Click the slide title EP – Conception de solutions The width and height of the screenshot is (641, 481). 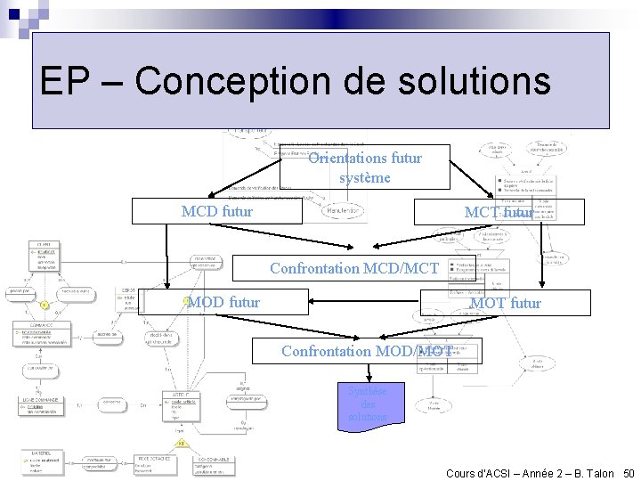(x=295, y=82)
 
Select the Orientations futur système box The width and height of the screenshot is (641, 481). (x=364, y=167)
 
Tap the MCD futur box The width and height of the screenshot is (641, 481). (x=217, y=212)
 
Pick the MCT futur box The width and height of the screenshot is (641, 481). (x=499, y=212)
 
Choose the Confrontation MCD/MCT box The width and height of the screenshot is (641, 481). (x=354, y=268)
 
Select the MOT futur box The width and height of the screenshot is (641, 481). (x=505, y=303)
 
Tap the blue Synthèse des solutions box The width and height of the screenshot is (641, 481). (x=368, y=404)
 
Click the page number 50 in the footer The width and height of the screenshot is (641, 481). (x=629, y=473)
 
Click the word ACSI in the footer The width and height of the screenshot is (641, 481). (x=500, y=473)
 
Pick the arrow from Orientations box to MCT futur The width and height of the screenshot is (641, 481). (x=473, y=178)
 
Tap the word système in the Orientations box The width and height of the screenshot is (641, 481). (x=364, y=177)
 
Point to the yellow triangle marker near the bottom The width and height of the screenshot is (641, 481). (x=181, y=443)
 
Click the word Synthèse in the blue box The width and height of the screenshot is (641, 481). (x=368, y=391)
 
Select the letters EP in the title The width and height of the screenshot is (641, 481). (x=64, y=82)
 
